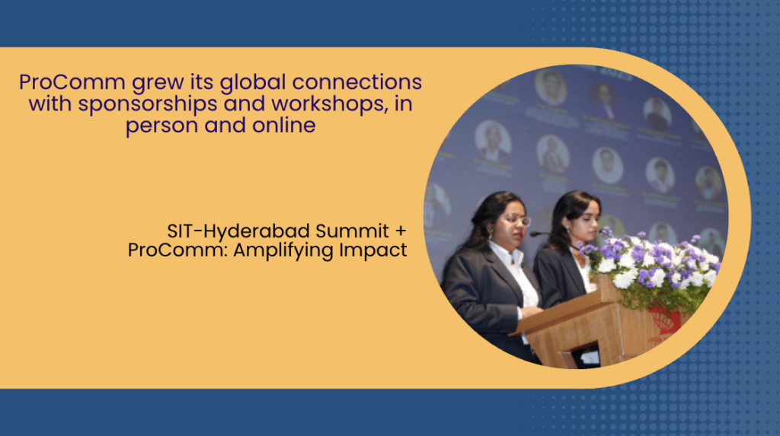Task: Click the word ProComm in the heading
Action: (x=72, y=82)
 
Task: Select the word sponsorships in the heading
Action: (x=148, y=104)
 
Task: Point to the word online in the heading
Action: (x=284, y=125)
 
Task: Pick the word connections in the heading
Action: (x=357, y=82)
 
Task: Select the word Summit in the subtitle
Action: (x=352, y=231)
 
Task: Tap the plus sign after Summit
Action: (x=401, y=231)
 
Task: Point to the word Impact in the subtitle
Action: (x=373, y=250)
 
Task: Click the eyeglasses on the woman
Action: (x=518, y=219)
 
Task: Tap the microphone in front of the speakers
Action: (x=551, y=237)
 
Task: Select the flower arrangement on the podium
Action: (x=649, y=266)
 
